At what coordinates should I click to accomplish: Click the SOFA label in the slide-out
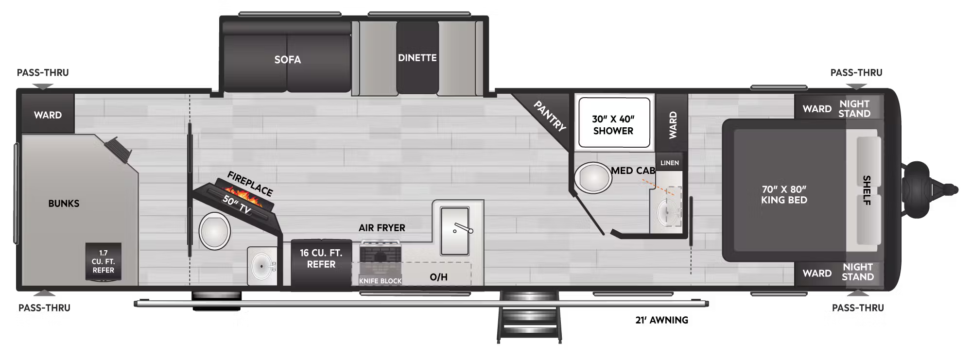(x=287, y=60)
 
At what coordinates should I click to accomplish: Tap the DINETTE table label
(x=417, y=58)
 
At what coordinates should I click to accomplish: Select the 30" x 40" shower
(x=613, y=124)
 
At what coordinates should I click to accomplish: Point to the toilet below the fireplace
(x=214, y=231)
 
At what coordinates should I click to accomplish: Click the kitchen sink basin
(x=454, y=230)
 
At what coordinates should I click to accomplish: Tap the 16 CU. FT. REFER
(x=321, y=259)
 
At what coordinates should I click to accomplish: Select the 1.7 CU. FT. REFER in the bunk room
(x=103, y=261)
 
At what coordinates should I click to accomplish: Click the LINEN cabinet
(x=669, y=163)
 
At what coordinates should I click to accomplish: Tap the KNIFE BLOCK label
(x=380, y=281)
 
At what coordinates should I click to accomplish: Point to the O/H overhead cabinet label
(x=438, y=277)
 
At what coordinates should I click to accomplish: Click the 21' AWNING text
(x=661, y=320)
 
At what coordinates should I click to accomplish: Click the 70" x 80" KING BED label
(x=783, y=194)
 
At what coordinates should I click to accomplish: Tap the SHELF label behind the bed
(x=866, y=190)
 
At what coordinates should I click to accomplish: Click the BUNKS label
(x=64, y=203)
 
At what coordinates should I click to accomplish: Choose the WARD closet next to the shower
(x=673, y=125)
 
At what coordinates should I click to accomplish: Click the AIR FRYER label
(x=382, y=227)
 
